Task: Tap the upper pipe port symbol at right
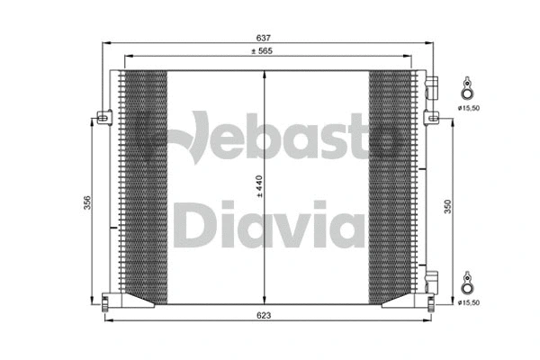467,89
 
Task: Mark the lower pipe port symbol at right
467,284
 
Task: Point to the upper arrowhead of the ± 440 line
263,75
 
